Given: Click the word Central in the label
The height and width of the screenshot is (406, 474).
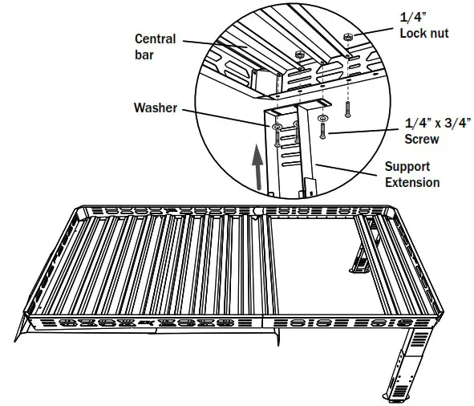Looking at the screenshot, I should tap(156, 39).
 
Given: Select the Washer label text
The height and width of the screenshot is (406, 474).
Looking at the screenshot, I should tap(156, 107).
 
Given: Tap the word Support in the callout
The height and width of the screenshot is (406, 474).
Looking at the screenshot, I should tap(407, 167).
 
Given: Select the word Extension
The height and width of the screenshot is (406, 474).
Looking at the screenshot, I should tap(411, 183).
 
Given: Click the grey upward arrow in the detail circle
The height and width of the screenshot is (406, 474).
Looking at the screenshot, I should tap(257, 168).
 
